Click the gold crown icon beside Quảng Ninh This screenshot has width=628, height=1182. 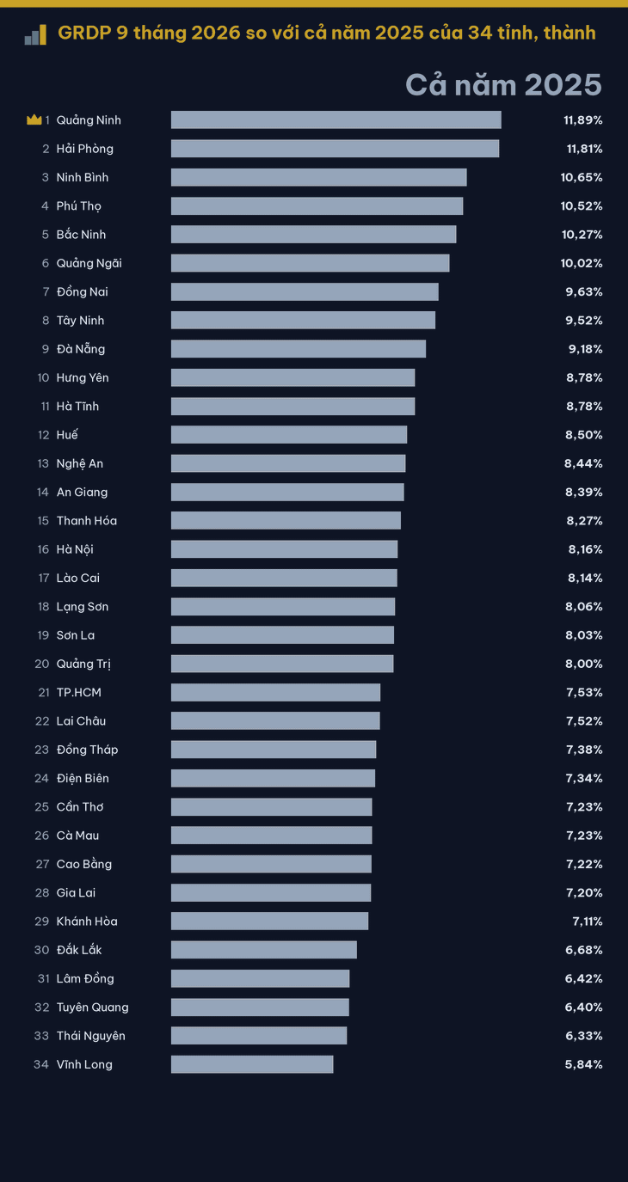coord(34,119)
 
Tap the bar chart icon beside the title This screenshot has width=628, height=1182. coord(35,35)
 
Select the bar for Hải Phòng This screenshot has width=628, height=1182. coord(335,148)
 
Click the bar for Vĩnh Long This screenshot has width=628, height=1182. coord(252,1064)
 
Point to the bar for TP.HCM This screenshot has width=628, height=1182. coord(275,692)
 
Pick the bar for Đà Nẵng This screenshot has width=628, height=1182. coord(299,349)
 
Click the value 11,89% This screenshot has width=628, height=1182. coord(583,120)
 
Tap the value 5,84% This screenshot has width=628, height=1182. coord(583,1065)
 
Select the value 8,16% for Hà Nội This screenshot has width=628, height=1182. coord(585,550)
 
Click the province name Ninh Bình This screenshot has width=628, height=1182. coord(83,177)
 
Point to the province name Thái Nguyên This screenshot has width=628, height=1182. coord(91,1036)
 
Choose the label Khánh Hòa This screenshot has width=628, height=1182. coord(87,922)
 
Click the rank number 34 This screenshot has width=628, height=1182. coord(41,1064)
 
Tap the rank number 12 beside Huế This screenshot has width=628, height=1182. coord(43,435)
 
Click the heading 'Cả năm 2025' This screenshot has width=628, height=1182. coord(503,85)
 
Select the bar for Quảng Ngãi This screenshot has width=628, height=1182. coord(310,263)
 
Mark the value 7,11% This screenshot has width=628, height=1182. coord(588,922)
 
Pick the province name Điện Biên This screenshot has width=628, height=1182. coord(83,778)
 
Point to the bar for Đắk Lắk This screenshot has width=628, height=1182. coord(264,950)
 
